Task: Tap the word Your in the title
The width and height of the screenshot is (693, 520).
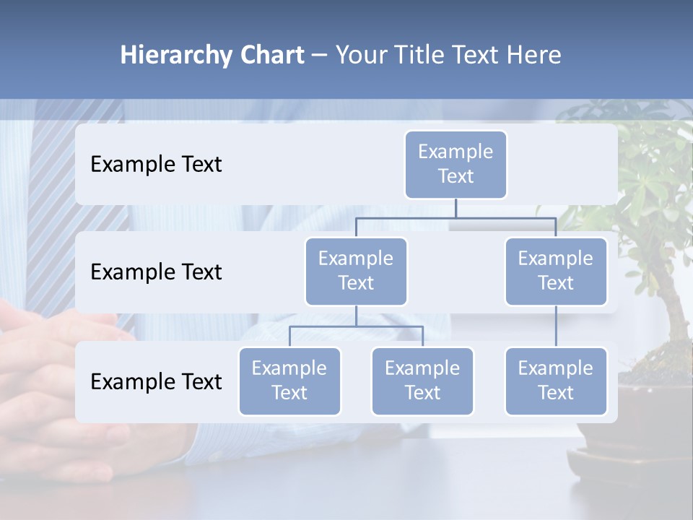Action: coord(361,55)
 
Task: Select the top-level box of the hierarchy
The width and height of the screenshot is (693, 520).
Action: coord(456,165)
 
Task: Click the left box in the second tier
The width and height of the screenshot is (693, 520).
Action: coord(356,272)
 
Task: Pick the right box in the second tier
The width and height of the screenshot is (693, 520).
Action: coord(556,272)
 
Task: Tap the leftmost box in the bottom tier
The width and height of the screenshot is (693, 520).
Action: coord(289,381)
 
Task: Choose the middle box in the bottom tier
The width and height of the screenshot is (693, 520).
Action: coord(422,381)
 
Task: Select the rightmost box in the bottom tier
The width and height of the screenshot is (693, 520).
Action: coord(556,381)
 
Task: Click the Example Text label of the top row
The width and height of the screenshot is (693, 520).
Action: coord(156,165)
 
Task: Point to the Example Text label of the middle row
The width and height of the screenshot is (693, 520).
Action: coord(156,272)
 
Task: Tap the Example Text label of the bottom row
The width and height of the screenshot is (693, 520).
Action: coord(156,381)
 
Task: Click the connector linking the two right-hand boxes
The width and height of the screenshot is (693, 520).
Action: coord(556,326)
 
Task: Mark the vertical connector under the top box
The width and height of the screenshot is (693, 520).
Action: coord(456,208)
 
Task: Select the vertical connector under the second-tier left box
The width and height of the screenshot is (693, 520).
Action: coord(356,316)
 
